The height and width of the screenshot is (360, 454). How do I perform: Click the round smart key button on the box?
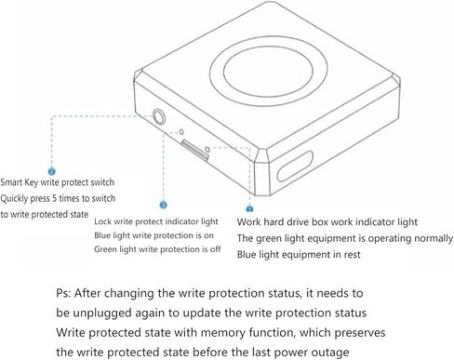[158, 116]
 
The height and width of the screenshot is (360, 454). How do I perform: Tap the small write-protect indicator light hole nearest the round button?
[181, 132]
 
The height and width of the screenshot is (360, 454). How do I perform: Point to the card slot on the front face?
[195, 150]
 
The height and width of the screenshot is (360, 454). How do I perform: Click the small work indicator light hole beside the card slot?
[207, 150]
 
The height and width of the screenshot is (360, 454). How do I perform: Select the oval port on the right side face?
[295, 166]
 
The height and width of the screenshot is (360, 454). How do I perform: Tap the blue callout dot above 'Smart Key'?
[52, 171]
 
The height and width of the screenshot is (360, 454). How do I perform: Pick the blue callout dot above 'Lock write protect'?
[163, 205]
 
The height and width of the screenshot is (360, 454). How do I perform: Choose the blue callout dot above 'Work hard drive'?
[249, 209]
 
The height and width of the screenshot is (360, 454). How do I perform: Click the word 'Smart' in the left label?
[11, 182]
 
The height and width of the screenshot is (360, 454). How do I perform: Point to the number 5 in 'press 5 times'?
[54, 198]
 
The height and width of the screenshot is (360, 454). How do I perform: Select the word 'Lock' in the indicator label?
[102, 221]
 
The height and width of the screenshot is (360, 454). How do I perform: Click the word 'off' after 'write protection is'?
[214, 249]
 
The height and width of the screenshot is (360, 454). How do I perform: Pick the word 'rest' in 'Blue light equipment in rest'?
[352, 255]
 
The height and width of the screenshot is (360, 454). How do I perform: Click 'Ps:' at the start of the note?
[63, 293]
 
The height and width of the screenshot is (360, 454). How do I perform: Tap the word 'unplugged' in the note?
[102, 313]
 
